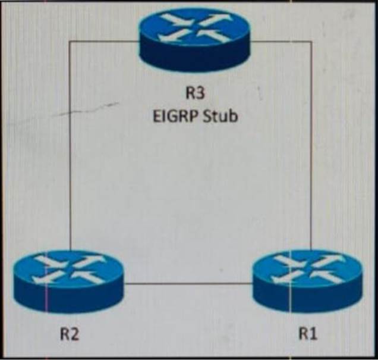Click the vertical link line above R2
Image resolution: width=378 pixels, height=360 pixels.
(x=71, y=149)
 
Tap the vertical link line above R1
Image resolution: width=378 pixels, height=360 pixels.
(x=311, y=149)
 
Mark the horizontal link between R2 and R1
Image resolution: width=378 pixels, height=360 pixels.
(x=187, y=284)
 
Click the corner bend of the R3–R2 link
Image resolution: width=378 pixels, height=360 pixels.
(x=71, y=41)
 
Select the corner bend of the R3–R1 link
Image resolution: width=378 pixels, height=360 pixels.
(x=311, y=41)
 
